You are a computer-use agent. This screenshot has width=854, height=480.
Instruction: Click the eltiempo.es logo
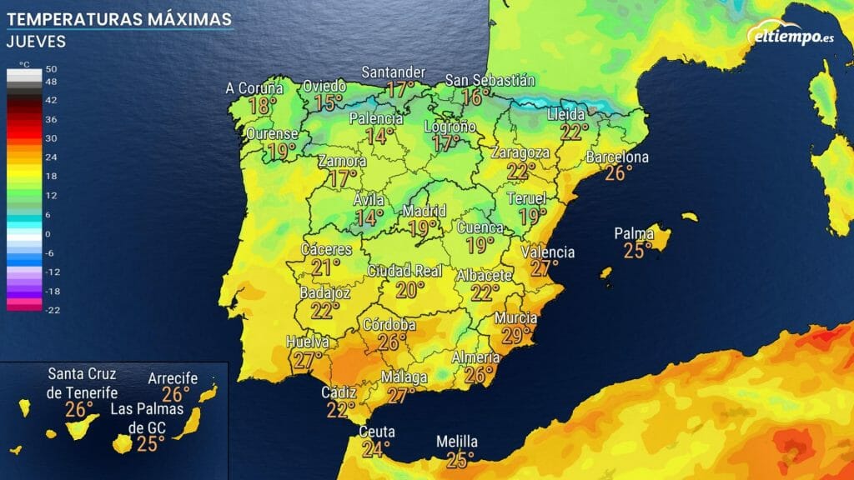click(791, 37)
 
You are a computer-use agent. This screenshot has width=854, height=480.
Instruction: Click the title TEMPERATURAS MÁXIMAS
click(118, 17)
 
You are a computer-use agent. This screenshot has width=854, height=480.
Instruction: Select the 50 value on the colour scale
click(50, 69)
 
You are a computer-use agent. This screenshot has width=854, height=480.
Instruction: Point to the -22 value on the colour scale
click(49, 309)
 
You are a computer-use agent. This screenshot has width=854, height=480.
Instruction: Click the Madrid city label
click(424, 210)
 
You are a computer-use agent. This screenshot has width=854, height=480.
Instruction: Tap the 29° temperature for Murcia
click(516, 335)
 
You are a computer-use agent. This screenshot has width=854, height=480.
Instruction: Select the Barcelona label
click(617, 157)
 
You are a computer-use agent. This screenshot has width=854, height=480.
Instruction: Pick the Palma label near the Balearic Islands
click(633, 233)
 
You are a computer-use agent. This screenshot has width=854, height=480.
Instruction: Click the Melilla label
click(457, 442)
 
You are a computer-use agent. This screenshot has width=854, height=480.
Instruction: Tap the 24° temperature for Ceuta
click(376, 449)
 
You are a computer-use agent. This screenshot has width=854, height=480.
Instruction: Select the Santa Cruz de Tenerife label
click(83, 382)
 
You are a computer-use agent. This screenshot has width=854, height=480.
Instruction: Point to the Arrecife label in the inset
click(173, 378)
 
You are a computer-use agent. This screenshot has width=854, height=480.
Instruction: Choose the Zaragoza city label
click(520, 153)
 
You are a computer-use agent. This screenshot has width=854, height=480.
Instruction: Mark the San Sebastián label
click(490, 80)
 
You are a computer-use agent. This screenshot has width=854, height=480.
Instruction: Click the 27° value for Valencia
click(545, 268)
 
